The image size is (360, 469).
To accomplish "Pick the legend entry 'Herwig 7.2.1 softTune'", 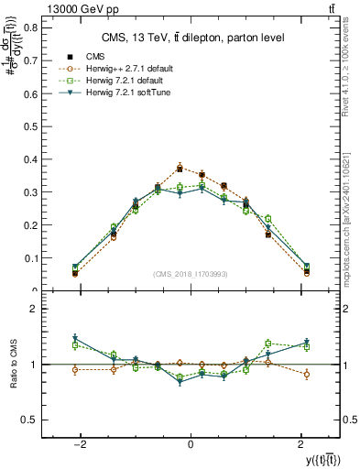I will coord(128,93).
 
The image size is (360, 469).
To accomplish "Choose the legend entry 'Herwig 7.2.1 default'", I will coord(125,81).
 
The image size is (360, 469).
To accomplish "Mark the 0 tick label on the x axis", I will coord(190,444).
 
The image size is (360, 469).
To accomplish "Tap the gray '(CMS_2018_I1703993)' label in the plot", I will coord(190,274).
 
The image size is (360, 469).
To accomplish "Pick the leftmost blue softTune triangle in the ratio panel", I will coord(75,339).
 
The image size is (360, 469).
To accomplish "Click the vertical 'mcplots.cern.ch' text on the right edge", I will coord(351,183).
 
